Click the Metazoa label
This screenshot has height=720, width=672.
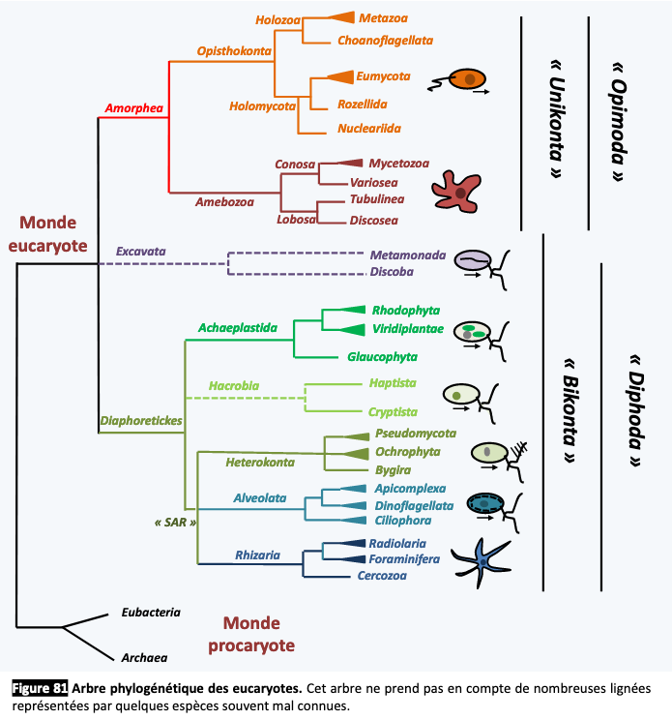click(x=383, y=18)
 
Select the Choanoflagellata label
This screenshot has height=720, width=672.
click(x=385, y=41)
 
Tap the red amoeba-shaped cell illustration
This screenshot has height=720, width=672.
click(x=456, y=191)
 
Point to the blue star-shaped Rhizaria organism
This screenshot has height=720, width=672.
click(x=481, y=562)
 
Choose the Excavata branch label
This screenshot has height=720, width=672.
click(x=141, y=252)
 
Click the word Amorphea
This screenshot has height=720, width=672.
click(x=134, y=108)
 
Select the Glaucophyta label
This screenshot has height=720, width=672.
click(x=382, y=357)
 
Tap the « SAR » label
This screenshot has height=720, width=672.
click(x=175, y=522)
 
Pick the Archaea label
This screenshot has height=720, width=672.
click(x=144, y=657)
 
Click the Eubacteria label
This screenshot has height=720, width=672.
click(x=151, y=612)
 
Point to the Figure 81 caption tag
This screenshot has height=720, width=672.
click(x=40, y=688)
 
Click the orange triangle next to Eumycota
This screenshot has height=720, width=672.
click(x=340, y=76)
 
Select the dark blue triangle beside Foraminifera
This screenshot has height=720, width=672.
click(x=352, y=558)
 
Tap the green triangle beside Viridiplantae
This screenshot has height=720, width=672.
click(x=352, y=329)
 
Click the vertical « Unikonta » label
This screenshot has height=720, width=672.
click(x=556, y=119)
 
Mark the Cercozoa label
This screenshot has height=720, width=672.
click(x=382, y=576)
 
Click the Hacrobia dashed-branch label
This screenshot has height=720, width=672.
click(x=234, y=386)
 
